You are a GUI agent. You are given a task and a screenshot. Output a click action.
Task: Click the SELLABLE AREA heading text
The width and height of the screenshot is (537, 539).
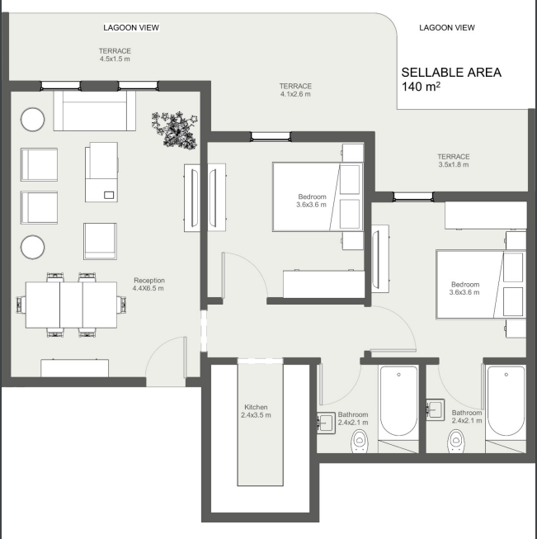tap(451, 73)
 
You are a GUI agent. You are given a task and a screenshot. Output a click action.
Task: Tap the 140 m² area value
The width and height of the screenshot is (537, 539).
tap(421, 87)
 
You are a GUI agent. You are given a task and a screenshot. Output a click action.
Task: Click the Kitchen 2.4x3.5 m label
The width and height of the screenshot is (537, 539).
tap(256, 411)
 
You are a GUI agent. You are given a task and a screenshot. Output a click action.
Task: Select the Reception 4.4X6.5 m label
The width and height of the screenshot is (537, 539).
tap(148, 284)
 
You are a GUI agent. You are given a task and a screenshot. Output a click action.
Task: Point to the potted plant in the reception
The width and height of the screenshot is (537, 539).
tap(175, 130)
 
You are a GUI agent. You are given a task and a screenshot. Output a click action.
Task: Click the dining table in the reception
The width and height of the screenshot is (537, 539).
tap(71, 305)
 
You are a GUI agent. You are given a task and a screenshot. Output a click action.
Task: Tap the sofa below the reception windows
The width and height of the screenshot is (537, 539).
tap(95, 111)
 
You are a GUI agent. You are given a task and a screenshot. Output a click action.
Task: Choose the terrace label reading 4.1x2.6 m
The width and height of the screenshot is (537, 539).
tap(295, 90)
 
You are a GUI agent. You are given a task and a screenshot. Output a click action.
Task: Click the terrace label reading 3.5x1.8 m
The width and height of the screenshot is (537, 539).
tap(454, 160)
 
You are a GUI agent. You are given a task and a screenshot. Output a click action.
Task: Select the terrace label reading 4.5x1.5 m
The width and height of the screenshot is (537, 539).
tap(115, 54)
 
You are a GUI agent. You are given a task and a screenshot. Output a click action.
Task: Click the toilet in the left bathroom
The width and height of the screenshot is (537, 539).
tap(360, 441)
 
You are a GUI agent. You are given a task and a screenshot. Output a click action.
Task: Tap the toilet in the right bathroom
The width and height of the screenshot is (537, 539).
tap(456, 441)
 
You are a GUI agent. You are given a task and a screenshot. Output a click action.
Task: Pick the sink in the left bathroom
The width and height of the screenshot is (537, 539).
tap(326, 423)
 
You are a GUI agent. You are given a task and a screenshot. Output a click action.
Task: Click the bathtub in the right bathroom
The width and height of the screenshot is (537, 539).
tap(506, 402)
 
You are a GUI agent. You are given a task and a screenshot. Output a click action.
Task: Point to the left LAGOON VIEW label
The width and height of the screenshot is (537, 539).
tap(131, 27)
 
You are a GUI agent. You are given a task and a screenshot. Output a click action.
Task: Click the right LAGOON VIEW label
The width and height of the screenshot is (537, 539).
tap(447, 27)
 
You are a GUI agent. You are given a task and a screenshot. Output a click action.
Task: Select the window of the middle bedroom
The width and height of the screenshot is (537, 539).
tap(271, 137)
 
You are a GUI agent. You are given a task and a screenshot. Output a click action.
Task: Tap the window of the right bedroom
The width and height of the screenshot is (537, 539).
tap(413, 196)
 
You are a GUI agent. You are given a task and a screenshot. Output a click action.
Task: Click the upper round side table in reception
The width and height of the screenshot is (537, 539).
tap(33, 120)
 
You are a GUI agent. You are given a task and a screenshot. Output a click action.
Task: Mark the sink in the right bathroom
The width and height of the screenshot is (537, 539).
tap(436, 409)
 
